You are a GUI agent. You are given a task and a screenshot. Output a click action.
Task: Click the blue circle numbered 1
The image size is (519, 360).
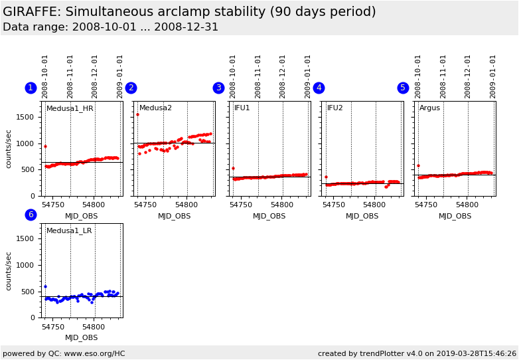31,88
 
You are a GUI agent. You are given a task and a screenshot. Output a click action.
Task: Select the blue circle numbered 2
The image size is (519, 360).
131,88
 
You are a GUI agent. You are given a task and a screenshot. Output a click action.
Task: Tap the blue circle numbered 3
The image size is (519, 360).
218,88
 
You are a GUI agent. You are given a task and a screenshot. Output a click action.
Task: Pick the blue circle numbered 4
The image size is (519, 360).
319,88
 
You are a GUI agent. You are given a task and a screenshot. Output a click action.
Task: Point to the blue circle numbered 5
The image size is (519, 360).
403,88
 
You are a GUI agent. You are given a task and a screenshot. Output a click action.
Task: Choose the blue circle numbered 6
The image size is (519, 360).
31,215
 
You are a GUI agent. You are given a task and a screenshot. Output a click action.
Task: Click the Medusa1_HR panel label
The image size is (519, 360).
70,108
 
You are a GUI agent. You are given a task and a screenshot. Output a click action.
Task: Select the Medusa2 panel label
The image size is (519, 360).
155,108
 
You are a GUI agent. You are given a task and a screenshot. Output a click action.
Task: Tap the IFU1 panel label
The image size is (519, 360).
242,108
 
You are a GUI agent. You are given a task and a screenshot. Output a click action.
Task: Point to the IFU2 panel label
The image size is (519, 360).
335,108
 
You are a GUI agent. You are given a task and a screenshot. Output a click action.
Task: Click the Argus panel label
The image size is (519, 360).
429,108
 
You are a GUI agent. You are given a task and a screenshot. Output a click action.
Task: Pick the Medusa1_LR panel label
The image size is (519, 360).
69,230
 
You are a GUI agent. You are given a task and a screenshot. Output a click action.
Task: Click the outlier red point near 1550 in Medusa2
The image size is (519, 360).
137,114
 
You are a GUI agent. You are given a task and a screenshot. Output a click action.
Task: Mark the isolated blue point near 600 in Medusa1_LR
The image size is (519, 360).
45,286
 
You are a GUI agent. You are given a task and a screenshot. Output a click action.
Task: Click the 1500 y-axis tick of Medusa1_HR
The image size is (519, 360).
25,117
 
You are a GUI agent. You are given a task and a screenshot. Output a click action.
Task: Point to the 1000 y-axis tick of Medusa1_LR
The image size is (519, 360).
25,265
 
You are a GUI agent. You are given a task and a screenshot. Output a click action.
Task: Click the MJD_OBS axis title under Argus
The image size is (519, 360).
455,216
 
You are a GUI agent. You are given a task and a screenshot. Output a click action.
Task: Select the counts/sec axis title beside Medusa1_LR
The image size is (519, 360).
9,271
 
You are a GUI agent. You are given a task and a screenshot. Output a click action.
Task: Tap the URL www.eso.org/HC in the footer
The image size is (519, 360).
97,353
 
